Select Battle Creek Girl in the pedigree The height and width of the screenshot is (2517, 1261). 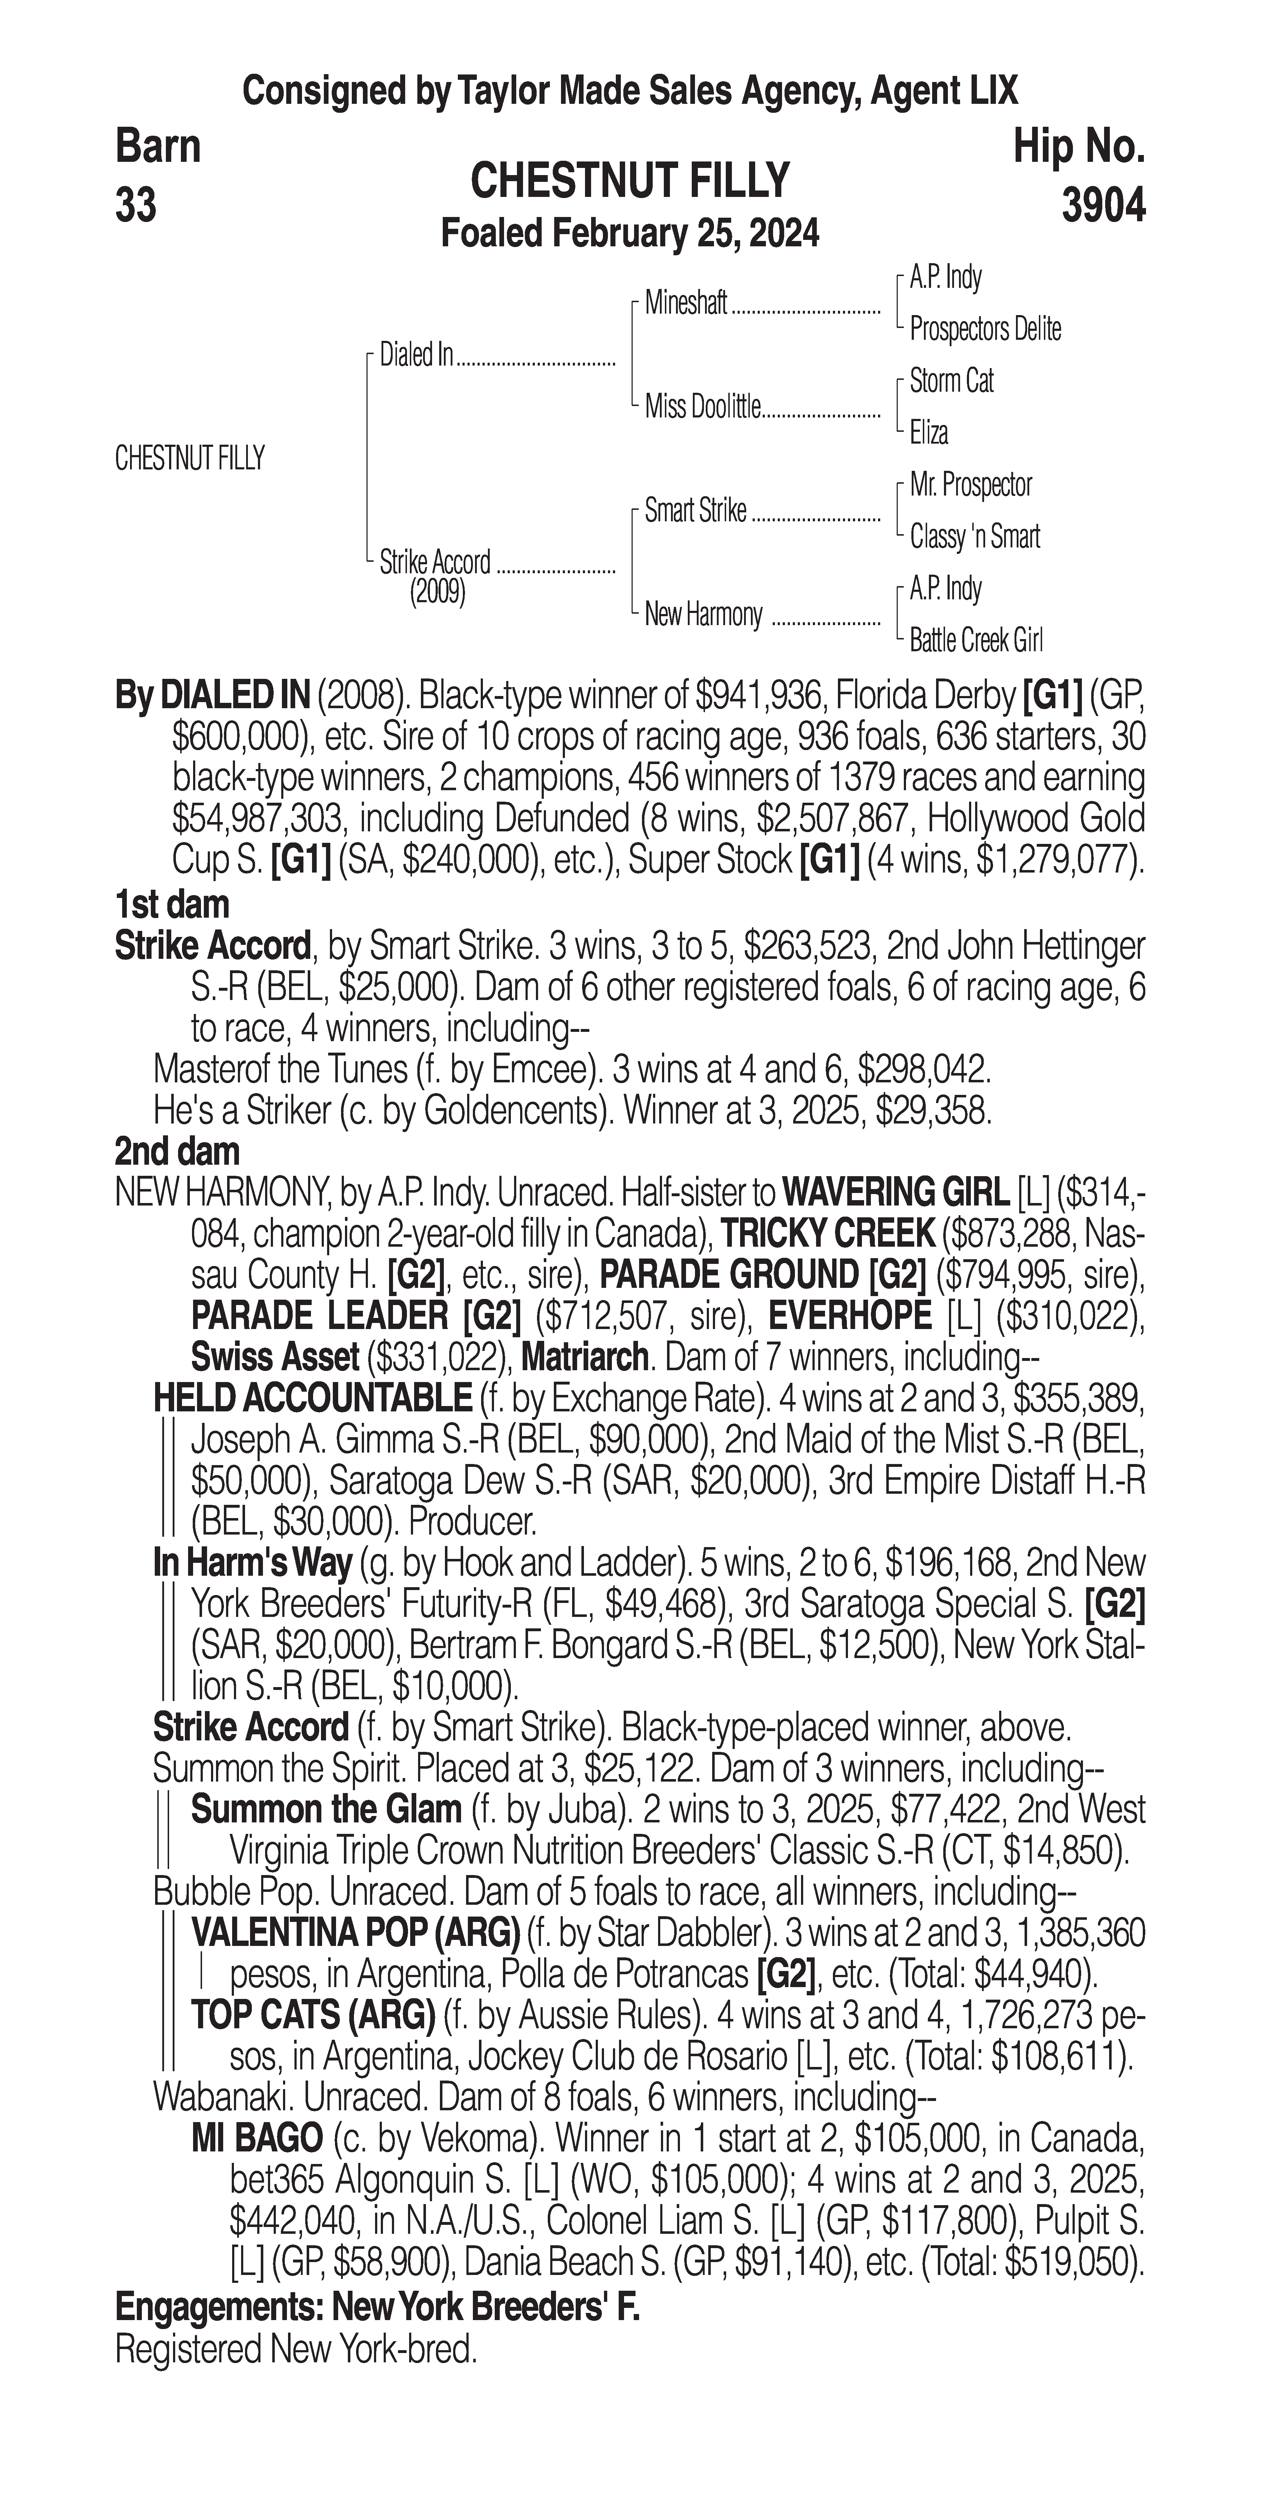975,641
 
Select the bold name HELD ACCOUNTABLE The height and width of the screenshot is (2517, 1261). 313,1399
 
